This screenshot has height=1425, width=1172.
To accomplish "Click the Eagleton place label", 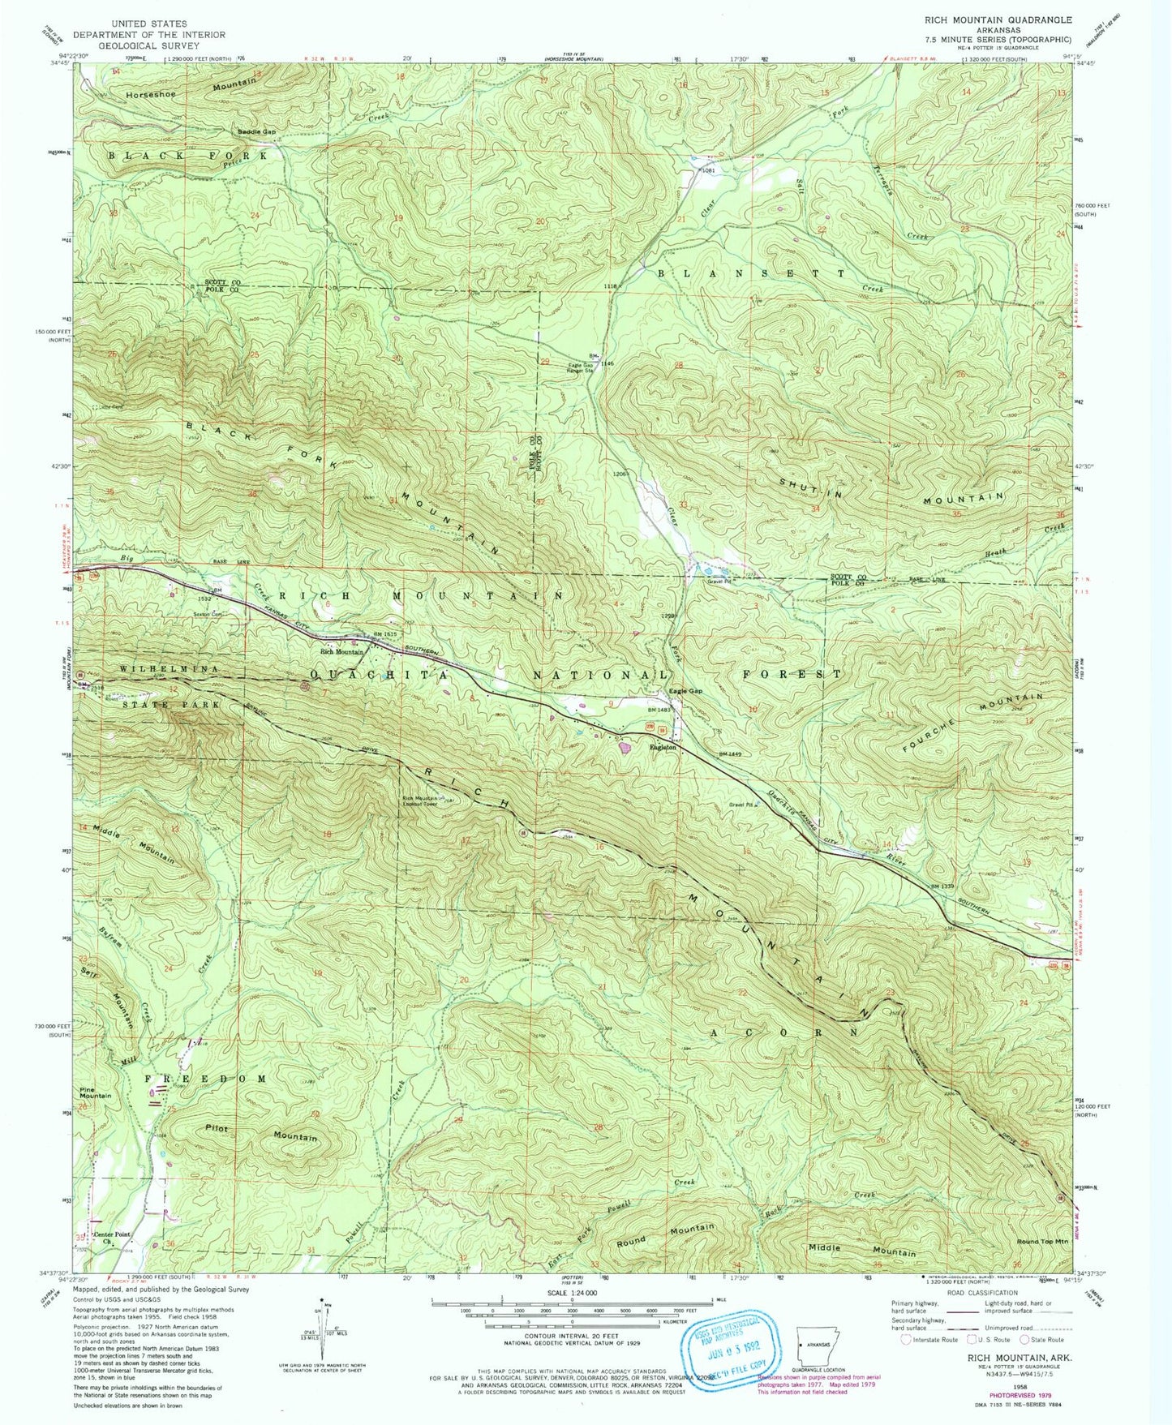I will click(662, 748).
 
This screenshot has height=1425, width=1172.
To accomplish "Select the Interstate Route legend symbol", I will click(905, 1340).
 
